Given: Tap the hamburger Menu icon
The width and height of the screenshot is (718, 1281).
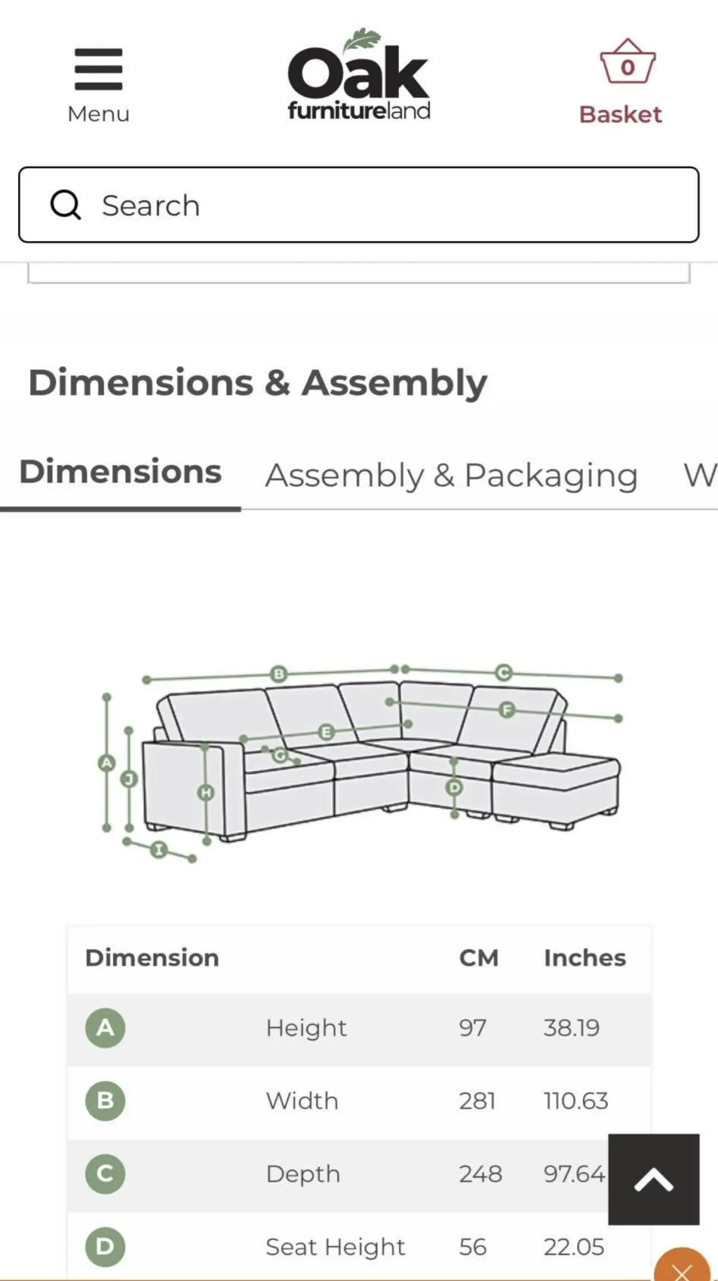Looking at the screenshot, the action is [98, 69].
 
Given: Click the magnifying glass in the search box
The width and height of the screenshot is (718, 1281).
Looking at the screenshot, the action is [65, 205].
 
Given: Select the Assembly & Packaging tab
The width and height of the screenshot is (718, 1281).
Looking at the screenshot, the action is [451, 476].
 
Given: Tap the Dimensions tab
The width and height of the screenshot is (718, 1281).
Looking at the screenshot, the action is [120, 471].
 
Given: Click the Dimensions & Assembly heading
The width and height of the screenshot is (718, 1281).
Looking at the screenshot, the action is [258, 383].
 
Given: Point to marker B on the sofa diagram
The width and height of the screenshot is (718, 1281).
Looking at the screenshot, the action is [279, 674].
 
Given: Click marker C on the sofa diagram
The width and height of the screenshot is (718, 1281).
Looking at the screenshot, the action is [504, 673].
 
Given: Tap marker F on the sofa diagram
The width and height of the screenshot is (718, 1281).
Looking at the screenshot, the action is [507, 710].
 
